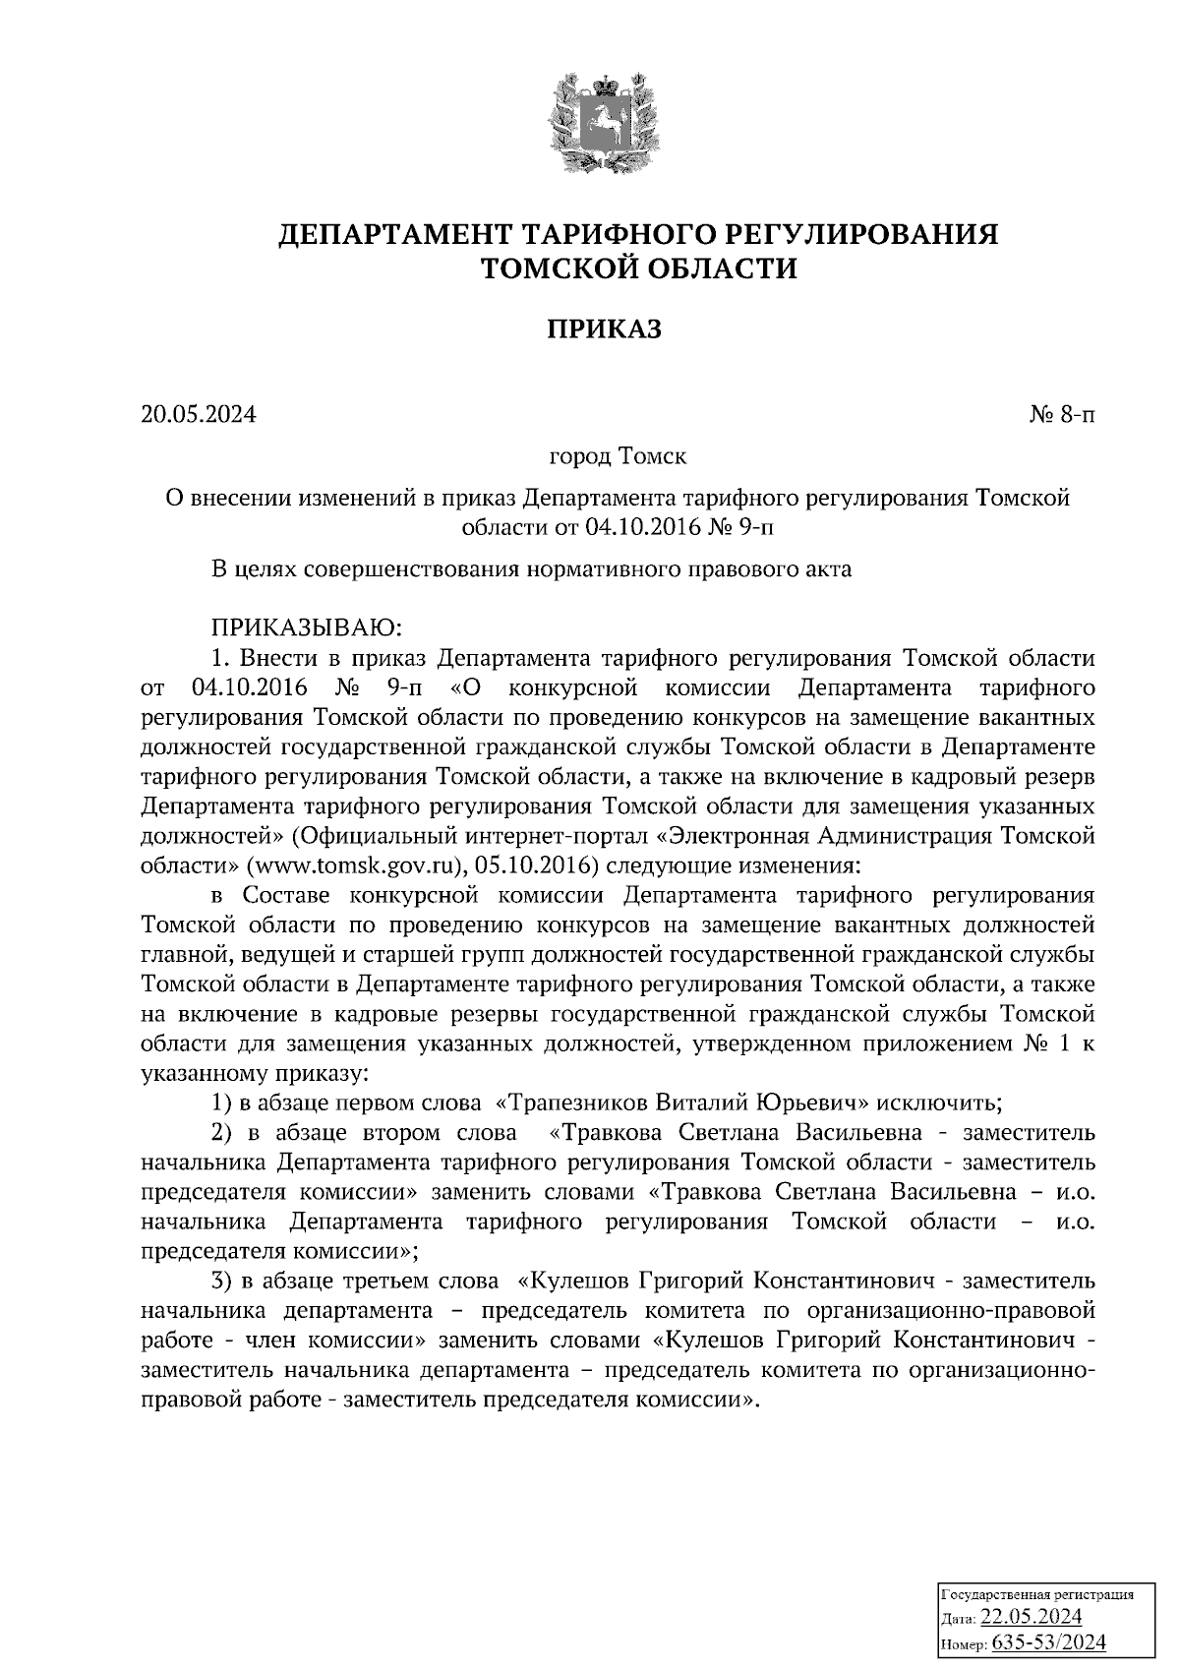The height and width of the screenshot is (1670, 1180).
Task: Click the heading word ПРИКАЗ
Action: coord(604,328)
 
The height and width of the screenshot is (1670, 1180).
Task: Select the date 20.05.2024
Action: coord(198,415)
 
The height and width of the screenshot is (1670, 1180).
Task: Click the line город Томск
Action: coord(618,457)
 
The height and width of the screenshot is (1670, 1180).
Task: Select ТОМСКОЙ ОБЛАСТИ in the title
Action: coord(636,268)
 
